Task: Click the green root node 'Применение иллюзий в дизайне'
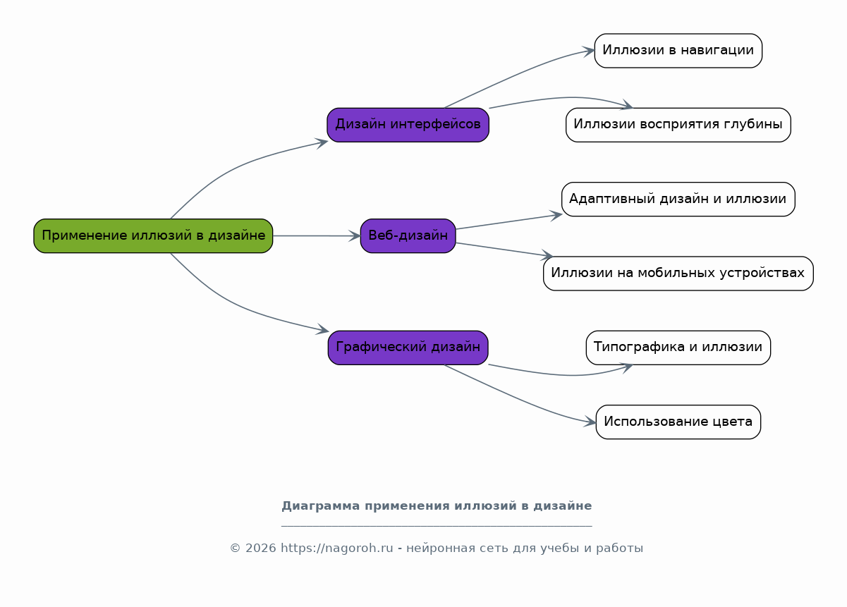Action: pyautogui.click(x=153, y=235)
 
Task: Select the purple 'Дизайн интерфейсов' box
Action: pyautogui.click(x=408, y=125)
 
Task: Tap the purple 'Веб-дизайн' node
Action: pyautogui.click(x=408, y=235)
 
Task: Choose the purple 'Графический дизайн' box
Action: pyautogui.click(x=408, y=348)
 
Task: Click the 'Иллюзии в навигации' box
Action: pyautogui.click(x=678, y=51)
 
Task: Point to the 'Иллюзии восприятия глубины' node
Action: pyautogui.click(x=678, y=125)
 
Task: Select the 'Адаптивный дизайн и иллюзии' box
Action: pyautogui.click(x=678, y=199)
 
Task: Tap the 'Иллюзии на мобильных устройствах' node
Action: pyautogui.click(x=678, y=273)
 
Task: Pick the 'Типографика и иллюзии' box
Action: pyautogui.click(x=678, y=348)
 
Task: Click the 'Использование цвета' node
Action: pyautogui.click(x=678, y=422)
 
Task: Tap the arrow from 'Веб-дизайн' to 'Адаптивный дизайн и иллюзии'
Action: pyautogui.click(x=508, y=221)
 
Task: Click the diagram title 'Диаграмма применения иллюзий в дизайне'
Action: pyautogui.click(x=437, y=506)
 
